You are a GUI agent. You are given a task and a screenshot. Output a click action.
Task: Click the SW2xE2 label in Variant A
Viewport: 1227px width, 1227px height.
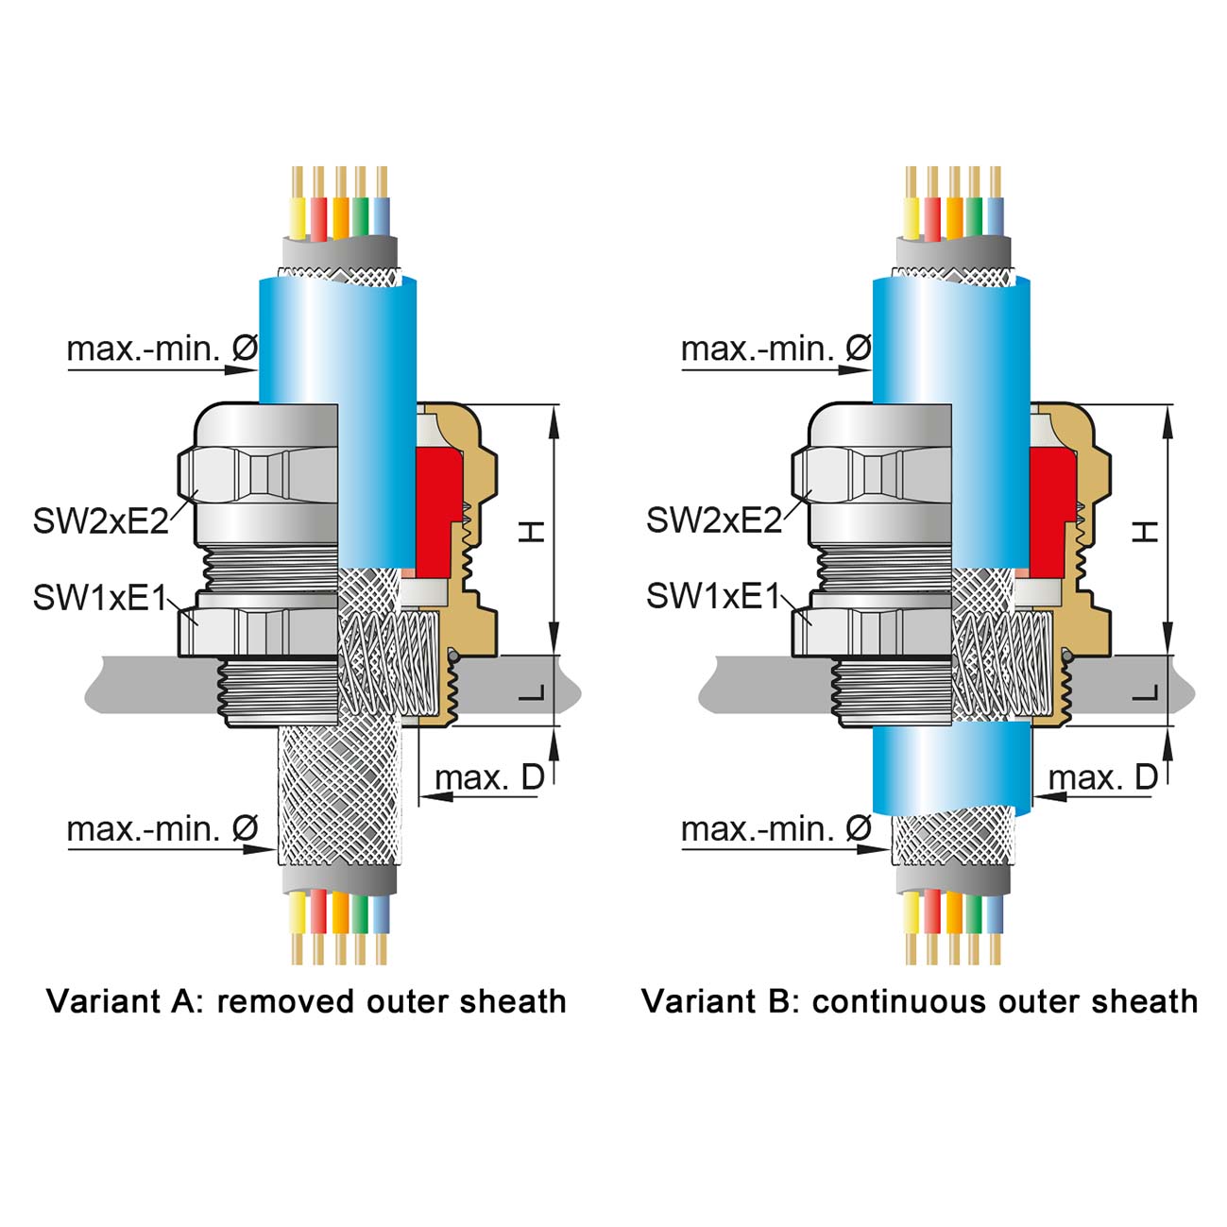point(101,520)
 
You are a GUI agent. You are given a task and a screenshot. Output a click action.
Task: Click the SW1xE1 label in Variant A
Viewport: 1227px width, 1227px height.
point(100,597)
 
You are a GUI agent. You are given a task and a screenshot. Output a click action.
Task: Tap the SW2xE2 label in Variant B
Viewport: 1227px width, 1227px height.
point(714,520)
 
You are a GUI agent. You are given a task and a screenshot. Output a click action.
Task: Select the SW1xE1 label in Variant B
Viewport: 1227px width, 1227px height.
point(714,597)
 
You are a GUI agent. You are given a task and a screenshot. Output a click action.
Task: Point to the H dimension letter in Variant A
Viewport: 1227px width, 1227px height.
point(534,532)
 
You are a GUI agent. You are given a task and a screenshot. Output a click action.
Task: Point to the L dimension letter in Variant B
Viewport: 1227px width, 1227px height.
point(1147,693)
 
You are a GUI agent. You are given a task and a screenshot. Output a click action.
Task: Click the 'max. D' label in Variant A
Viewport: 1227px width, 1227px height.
point(489,777)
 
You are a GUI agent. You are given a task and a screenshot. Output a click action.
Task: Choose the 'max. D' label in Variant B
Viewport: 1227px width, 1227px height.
point(1103,777)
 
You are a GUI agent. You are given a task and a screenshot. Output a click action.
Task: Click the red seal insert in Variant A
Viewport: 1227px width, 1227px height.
point(436,510)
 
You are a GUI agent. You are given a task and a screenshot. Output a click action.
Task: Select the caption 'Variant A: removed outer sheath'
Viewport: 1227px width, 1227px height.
point(306,1001)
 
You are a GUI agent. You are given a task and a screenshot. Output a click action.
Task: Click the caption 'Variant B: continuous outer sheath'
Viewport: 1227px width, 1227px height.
point(919,1001)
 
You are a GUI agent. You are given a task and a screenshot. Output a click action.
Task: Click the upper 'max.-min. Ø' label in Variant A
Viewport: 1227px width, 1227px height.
point(162,349)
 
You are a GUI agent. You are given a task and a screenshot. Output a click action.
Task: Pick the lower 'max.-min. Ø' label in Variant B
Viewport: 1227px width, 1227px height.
point(775,829)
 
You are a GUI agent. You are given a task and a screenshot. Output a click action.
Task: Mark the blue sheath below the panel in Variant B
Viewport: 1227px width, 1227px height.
point(952,770)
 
